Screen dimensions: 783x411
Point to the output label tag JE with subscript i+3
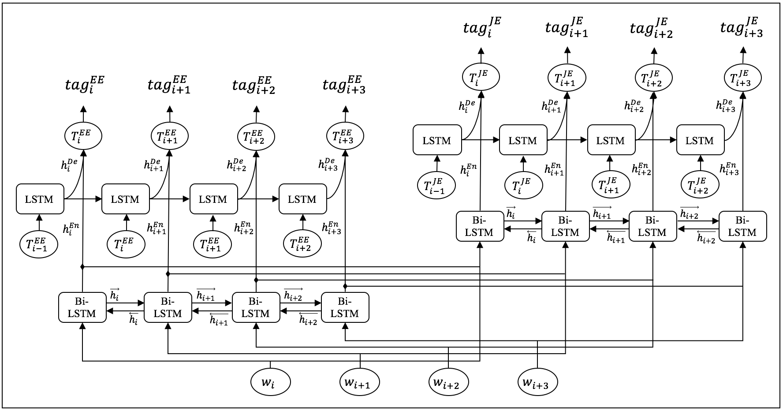742,27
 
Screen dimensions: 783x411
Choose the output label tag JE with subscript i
482,27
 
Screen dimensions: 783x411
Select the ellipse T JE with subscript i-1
436,184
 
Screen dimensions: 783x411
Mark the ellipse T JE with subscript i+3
743,78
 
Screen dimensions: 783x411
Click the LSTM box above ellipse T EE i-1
40,199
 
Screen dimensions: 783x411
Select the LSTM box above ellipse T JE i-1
437,140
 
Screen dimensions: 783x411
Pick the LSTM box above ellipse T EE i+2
302,199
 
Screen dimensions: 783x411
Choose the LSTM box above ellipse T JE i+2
700,140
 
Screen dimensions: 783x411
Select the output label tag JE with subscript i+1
567,27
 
